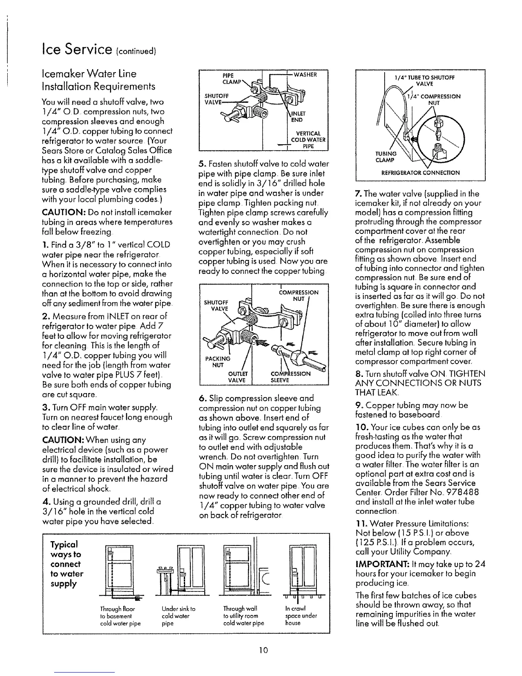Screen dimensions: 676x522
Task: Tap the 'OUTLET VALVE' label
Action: click(235, 376)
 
